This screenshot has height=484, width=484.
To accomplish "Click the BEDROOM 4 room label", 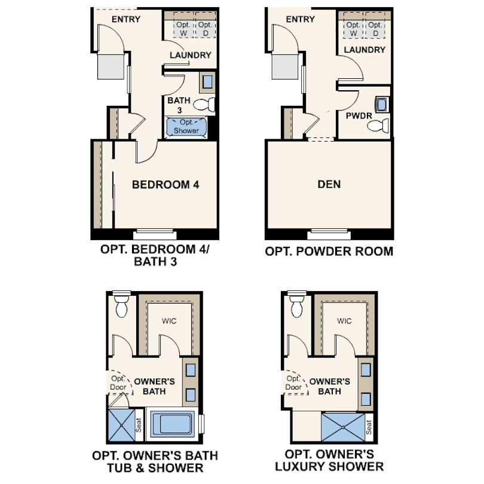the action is click(166, 185).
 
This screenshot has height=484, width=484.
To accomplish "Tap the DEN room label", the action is click(329, 184).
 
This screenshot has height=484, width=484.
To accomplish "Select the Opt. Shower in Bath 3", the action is click(186, 127).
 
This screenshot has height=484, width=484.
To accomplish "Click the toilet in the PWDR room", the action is click(378, 125).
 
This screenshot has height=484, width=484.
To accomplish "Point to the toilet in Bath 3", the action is click(204, 105).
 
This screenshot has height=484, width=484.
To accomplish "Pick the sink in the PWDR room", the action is click(382, 105).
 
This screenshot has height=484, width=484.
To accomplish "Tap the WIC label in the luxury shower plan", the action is click(344, 321).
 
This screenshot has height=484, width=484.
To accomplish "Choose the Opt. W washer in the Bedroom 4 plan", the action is click(183, 29).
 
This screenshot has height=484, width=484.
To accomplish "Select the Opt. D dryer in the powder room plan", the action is click(375, 29).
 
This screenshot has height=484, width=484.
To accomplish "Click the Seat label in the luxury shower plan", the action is click(369, 427).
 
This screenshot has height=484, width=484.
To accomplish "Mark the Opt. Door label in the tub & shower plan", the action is click(118, 383).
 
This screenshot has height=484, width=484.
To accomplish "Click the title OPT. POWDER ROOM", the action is click(329, 251).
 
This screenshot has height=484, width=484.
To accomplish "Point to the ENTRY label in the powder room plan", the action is click(300, 19).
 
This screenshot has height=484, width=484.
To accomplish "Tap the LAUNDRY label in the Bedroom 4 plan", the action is click(191, 55).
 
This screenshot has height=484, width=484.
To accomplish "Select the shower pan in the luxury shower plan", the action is click(343, 427).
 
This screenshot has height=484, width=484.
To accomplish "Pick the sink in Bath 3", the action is click(207, 82).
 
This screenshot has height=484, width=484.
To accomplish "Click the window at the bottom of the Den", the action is click(329, 234).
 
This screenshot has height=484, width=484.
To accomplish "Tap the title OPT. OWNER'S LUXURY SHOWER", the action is click(329, 460).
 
